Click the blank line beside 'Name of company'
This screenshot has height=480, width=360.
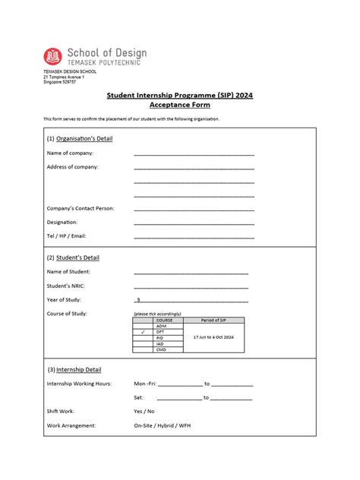point(194,154)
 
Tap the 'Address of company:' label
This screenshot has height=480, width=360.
point(73,166)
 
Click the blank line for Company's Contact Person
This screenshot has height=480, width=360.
point(194,210)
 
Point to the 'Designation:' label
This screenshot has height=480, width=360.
point(62,222)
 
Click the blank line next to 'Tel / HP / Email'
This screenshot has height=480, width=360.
point(194,237)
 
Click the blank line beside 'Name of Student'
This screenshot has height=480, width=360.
point(191,273)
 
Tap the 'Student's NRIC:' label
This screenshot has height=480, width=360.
point(68,286)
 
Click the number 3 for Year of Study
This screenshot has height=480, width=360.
point(138,299)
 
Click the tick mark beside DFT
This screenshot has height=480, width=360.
point(142,332)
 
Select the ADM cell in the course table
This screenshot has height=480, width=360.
point(160,326)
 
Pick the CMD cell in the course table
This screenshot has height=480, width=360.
point(160,349)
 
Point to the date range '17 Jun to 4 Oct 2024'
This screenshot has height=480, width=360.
point(213,336)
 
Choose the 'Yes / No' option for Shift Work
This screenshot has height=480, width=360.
point(144,411)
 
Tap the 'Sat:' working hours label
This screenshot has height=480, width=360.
point(138,397)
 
